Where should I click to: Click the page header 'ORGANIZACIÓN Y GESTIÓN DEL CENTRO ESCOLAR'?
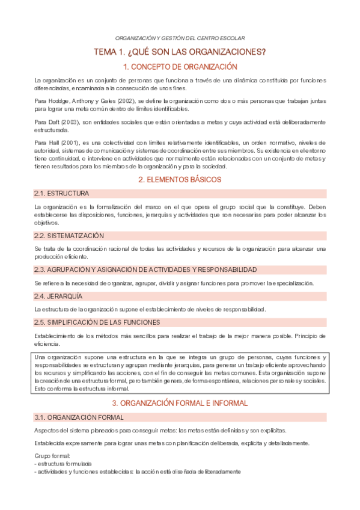(x=180, y=38)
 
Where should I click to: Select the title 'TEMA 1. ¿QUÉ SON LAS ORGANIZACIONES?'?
(x=180, y=52)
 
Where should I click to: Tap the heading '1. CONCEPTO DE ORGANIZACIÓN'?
(x=180, y=67)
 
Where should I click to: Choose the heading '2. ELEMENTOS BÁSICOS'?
(x=180, y=179)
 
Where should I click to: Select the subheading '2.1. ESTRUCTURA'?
(x=62, y=194)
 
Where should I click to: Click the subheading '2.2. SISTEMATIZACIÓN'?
(x=69, y=235)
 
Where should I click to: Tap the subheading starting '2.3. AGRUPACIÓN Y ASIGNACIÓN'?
(x=137, y=269)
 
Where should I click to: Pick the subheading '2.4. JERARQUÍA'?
(x=58, y=296)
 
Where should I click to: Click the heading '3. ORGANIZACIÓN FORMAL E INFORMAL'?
(x=180, y=402)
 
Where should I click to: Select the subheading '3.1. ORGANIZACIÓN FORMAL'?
(x=79, y=417)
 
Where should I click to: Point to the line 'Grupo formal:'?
(x=52, y=455)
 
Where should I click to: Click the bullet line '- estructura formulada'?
(x=63, y=464)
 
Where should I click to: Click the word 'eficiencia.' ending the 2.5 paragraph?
(x=47, y=343)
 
